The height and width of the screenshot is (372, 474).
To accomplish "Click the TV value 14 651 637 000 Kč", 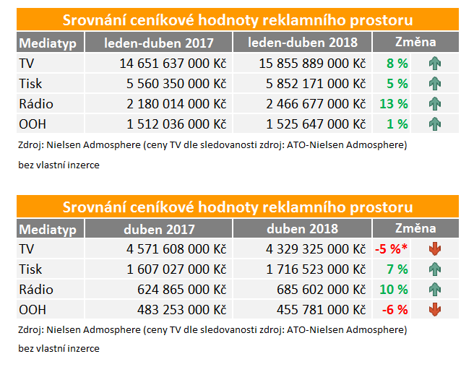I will [173, 64].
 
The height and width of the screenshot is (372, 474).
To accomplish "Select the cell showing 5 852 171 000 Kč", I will [311, 84].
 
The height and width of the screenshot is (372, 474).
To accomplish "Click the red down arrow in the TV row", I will [434, 250].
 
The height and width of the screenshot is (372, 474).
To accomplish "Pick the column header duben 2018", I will [302, 230].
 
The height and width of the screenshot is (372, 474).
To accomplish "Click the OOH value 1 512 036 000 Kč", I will [173, 124].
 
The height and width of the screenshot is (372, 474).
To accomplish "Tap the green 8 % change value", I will [397, 64].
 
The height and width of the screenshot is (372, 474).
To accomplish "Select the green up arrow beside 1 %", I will [434, 124].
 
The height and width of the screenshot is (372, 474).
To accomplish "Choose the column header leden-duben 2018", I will [302, 43].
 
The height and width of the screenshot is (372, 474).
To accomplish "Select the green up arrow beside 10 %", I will [434, 290].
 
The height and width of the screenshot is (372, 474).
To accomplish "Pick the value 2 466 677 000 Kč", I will [311, 103].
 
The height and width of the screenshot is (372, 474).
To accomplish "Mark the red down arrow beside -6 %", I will [434, 310].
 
